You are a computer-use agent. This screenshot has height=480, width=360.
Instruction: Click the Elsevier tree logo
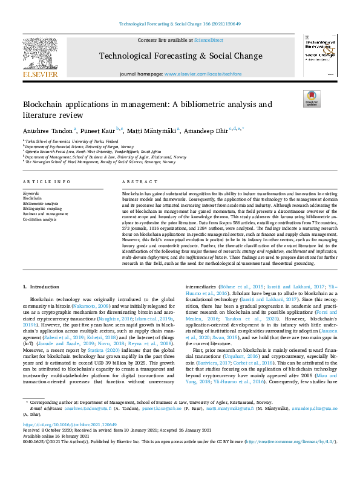(x=41, y=55)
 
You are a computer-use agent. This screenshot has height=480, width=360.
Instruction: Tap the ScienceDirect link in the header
(x=208, y=41)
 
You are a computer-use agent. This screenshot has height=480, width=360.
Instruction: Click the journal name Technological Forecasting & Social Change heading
(x=180, y=56)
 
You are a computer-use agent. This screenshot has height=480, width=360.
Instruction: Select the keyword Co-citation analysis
(x=39, y=218)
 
